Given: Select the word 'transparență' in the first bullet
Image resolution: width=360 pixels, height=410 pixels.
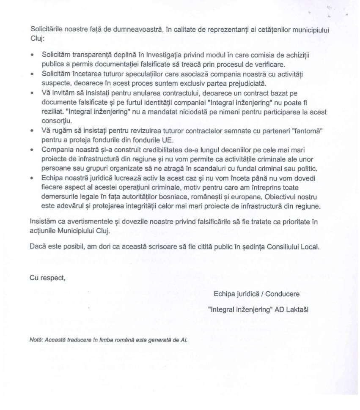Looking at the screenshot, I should pyautogui.click(x=88, y=55).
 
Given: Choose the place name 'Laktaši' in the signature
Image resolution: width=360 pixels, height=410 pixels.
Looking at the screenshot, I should pyautogui.click(x=297, y=309).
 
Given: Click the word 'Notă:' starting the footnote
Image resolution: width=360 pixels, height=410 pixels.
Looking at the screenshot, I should pyautogui.click(x=36, y=339).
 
